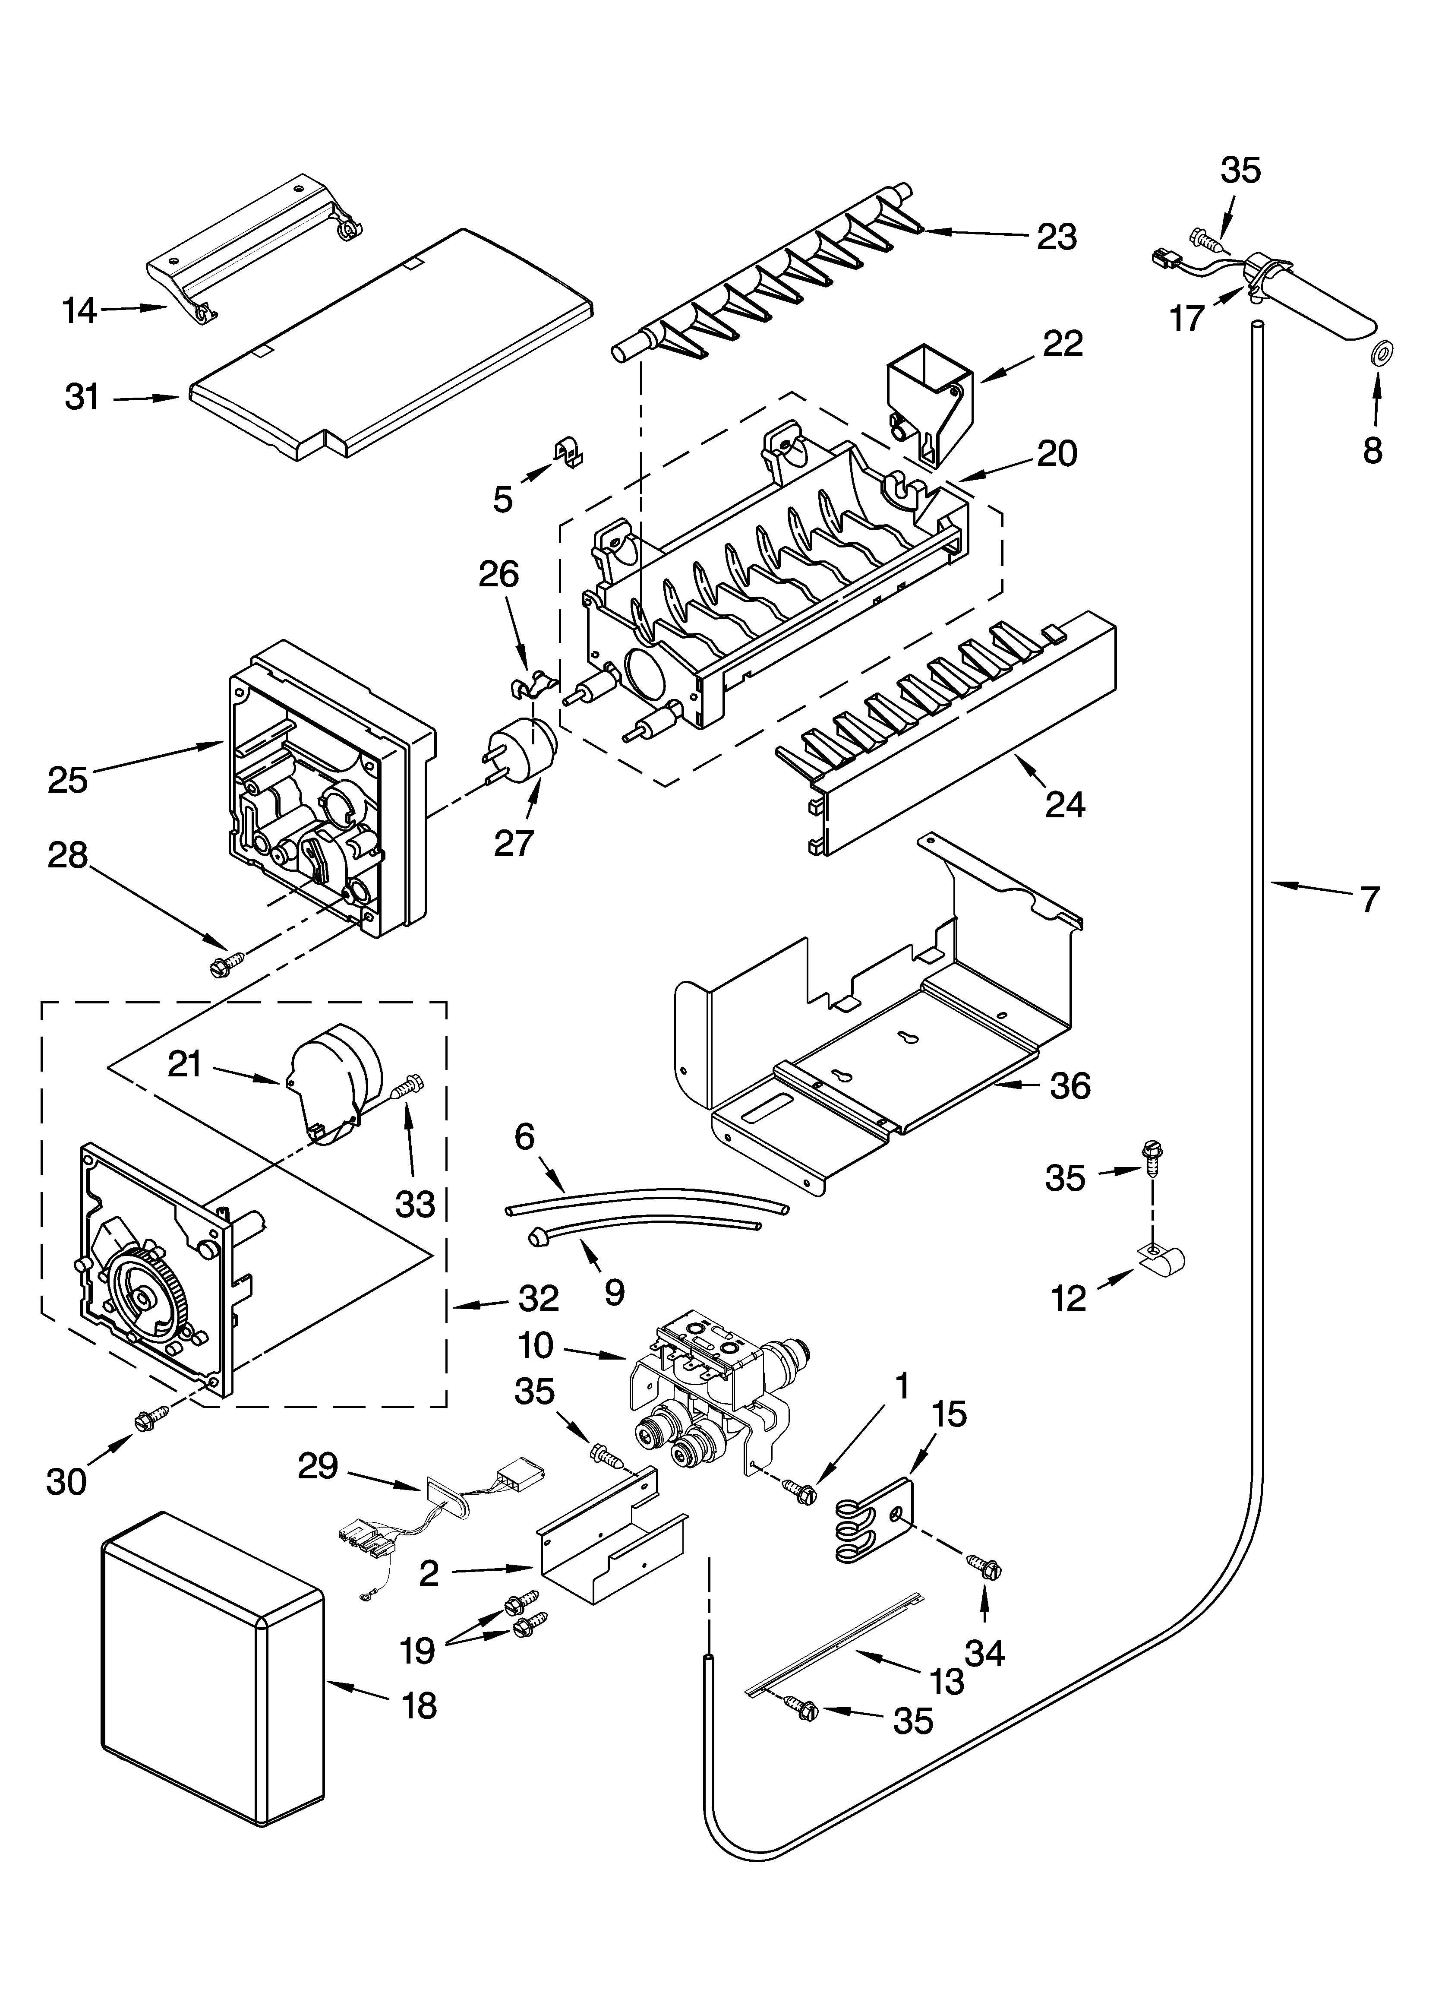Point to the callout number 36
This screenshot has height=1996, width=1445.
(x=1070, y=1086)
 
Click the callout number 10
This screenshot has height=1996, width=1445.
(x=535, y=1345)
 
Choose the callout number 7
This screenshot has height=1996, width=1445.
(x=1369, y=898)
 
